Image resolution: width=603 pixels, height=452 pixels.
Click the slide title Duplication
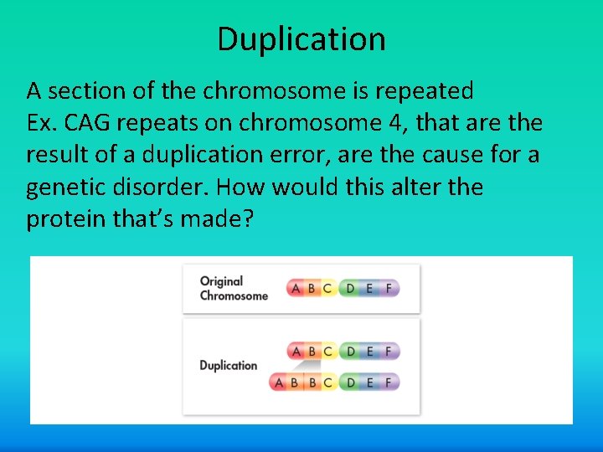click(x=301, y=39)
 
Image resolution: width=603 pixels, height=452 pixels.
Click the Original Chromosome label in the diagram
click(x=234, y=288)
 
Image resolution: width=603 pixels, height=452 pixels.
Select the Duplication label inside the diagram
click(x=228, y=365)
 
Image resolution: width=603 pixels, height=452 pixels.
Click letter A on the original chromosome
click(x=296, y=288)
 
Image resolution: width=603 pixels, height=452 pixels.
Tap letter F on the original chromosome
click(x=389, y=288)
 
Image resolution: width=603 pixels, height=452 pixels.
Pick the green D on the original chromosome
click(x=350, y=288)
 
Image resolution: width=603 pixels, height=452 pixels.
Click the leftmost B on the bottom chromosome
click(x=294, y=383)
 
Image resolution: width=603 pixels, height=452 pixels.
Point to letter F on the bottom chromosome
click(x=389, y=383)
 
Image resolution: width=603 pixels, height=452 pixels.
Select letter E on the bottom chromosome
click(x=370, y=383)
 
